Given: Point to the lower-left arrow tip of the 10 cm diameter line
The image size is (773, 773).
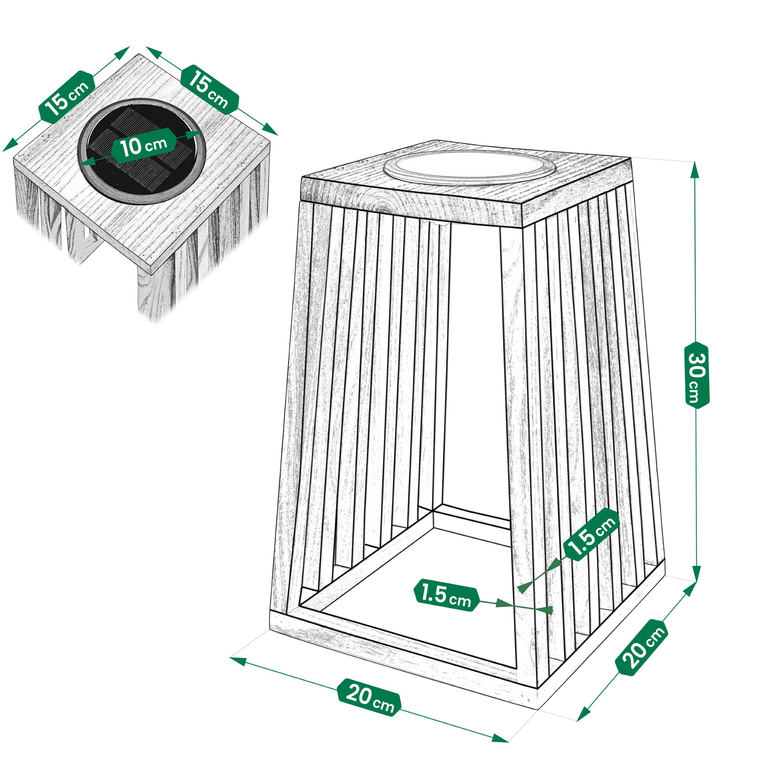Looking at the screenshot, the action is coord(77,164).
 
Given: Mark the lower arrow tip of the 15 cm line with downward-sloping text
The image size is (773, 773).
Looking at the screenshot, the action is coord(278,135).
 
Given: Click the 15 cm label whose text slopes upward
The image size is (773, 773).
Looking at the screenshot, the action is coord(67,97).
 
